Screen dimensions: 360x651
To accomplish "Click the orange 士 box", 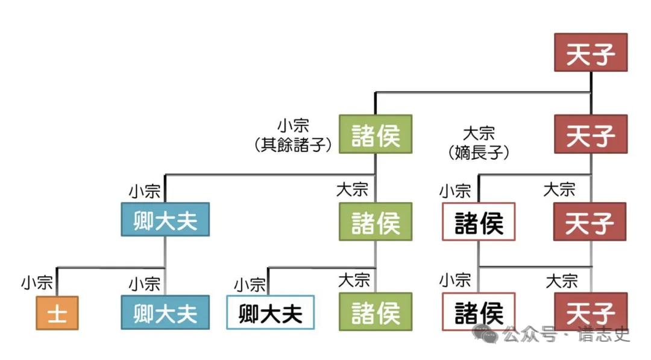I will (57, 313).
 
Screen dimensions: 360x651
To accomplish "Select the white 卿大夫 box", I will (270, 313).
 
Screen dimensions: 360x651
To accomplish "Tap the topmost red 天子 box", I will (591, 52).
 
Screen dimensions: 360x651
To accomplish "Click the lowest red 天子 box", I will (591, 312).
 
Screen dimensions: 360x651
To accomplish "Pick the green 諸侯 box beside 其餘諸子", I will (376, 134).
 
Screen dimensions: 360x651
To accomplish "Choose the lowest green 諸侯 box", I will (376, 312).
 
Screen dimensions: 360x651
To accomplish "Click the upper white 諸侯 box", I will (479, 222).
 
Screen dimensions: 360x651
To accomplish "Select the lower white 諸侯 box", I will (479, 312).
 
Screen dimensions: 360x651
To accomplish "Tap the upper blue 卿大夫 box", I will (165, 219).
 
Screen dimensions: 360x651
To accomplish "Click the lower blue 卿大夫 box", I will (165, 312).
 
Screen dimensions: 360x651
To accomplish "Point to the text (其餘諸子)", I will (294, 145).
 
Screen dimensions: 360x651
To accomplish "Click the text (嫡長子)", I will (479, 153).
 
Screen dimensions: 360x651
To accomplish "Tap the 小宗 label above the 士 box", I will (37, 283).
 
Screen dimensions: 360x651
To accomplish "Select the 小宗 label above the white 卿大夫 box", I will (250, 284).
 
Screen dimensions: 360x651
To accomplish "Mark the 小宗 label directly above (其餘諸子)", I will (294, 126).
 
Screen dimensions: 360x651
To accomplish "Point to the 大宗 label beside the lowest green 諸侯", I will (354, 280).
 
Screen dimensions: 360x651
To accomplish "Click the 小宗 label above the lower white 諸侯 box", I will (454, 280).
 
